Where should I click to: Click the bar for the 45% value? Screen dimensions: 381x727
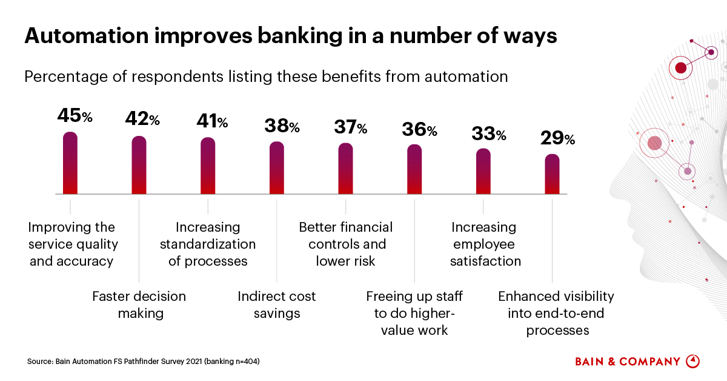(70, 163)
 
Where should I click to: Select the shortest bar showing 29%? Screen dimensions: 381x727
(552, 174)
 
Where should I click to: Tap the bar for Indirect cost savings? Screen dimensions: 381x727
(276, 167)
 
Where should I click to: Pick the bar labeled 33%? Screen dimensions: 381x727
(483, 171)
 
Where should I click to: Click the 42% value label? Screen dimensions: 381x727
(142, 119)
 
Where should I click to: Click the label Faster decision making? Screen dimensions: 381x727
(139, 305)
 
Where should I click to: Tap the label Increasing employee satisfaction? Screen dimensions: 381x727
(483, 244)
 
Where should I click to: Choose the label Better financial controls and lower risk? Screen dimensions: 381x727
(346, 244)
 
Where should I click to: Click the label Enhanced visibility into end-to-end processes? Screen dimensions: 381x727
(556, 313)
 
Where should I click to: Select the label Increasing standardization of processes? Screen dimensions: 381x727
(208, 244)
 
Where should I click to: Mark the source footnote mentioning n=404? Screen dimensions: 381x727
(144, 362)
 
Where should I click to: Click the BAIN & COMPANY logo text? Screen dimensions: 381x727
(628, 362)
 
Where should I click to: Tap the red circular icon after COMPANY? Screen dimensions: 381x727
(692, 361)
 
